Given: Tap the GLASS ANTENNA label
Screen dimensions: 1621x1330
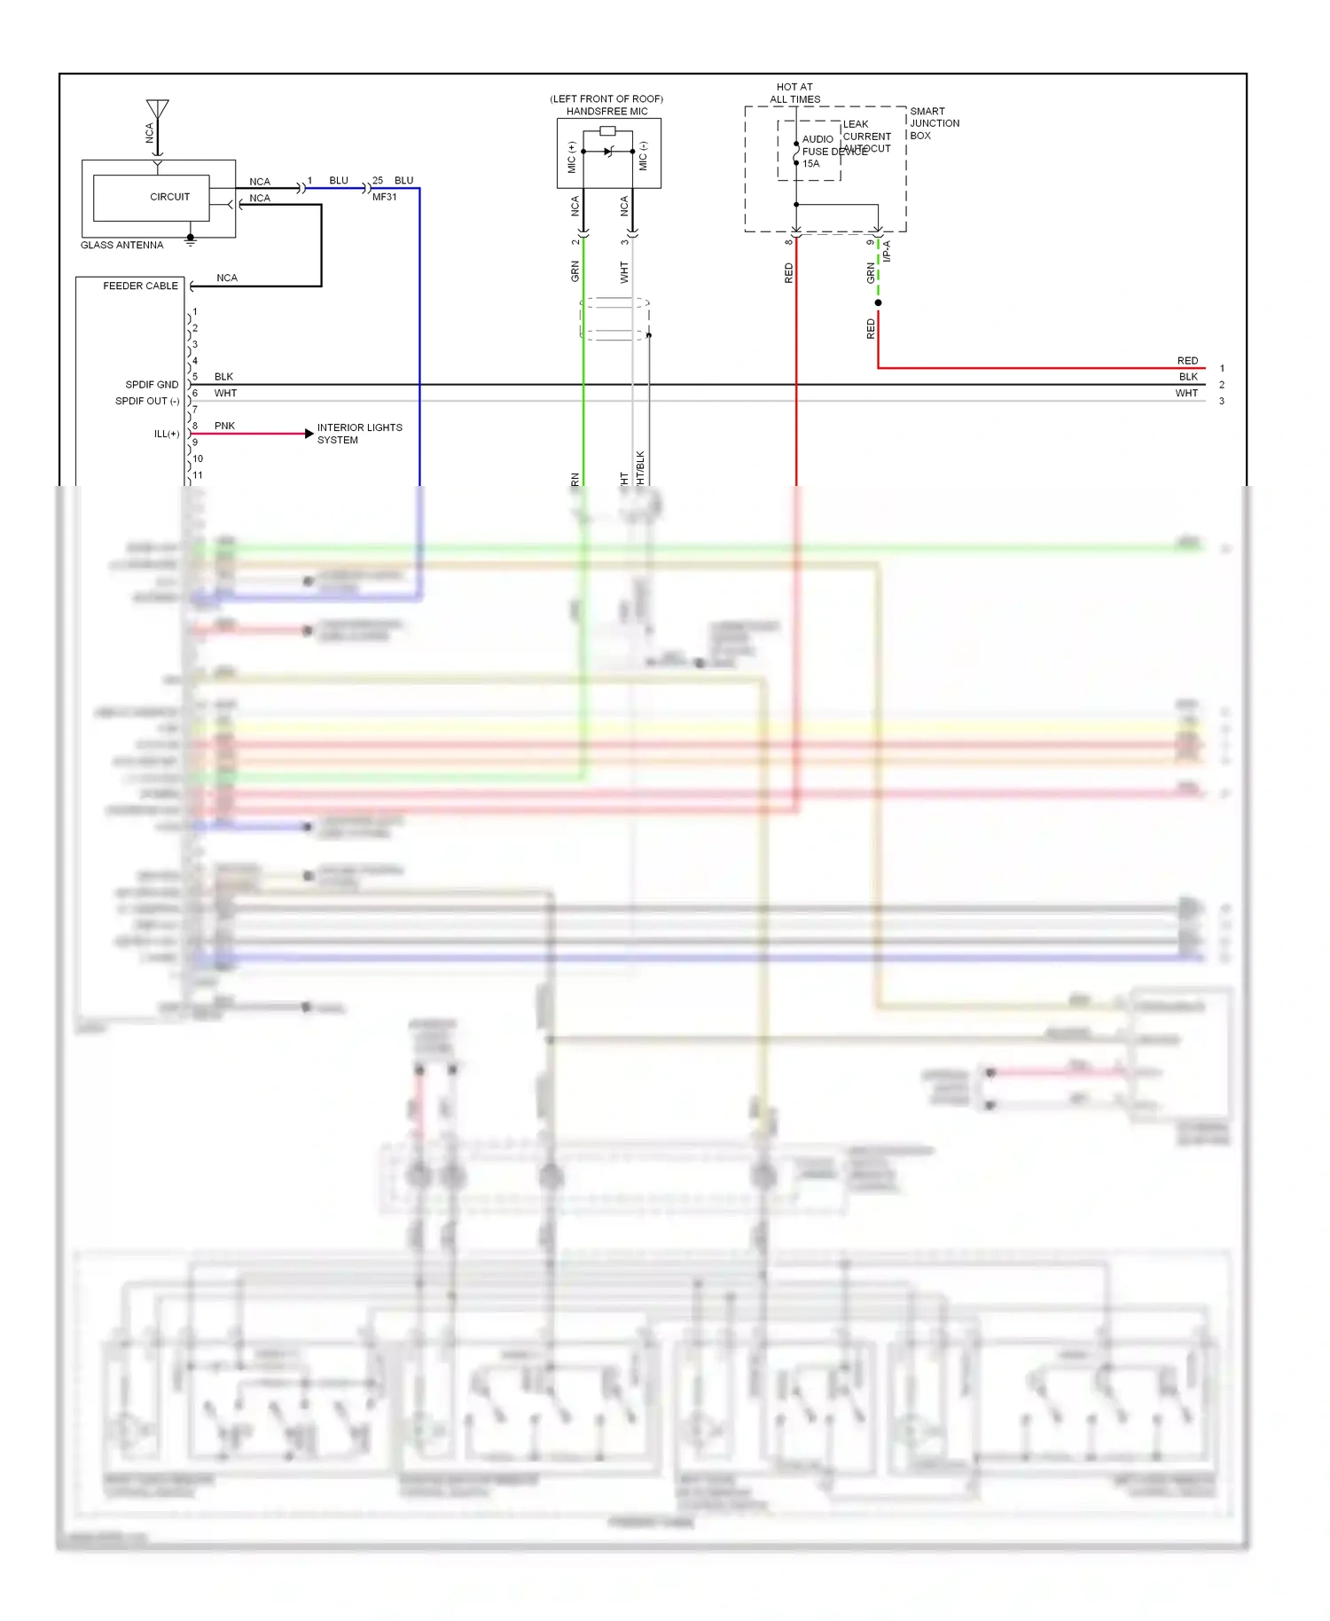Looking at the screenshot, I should [122, 245].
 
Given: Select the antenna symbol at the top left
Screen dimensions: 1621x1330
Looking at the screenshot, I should [157, 110].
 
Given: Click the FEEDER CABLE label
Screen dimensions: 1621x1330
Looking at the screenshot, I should [140, 286].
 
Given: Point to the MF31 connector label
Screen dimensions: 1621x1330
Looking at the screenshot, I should [385, 197].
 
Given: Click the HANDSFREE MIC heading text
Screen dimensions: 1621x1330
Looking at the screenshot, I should [607, 112].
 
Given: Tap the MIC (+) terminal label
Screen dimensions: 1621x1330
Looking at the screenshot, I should [571, 157].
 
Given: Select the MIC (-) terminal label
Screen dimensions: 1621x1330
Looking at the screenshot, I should [644, 157].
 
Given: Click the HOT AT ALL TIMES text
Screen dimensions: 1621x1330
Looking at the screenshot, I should [794, 93].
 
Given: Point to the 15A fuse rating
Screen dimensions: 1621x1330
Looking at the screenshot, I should [811, 164].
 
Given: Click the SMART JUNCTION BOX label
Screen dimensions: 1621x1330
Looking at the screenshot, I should [935, 123].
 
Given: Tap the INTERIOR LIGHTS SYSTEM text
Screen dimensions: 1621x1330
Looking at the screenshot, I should [359, 434].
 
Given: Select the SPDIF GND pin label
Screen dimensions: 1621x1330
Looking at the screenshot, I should [152, 384].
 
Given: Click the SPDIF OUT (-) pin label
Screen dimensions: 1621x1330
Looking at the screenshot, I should [147, 401].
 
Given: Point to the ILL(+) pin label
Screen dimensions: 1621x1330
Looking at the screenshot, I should [167, 434].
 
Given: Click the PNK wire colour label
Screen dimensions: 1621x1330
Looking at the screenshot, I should [224, 426].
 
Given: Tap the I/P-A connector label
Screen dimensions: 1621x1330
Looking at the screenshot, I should [887, 251].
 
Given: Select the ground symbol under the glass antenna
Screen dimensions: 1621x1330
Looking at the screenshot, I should [190, 239].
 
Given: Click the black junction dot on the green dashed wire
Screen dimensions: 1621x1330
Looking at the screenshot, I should [878, 302].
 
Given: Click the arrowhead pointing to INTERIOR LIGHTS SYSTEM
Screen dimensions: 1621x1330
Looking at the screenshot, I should [309, 434].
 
